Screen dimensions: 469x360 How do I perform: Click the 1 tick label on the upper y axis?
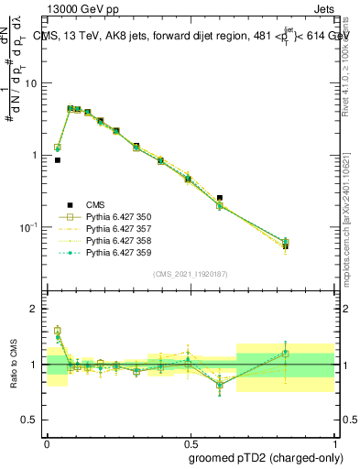(x=38, y=155)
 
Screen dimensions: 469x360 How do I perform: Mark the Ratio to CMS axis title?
(x=15, y=364)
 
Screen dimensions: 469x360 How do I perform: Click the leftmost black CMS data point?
(x=57, y=160)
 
